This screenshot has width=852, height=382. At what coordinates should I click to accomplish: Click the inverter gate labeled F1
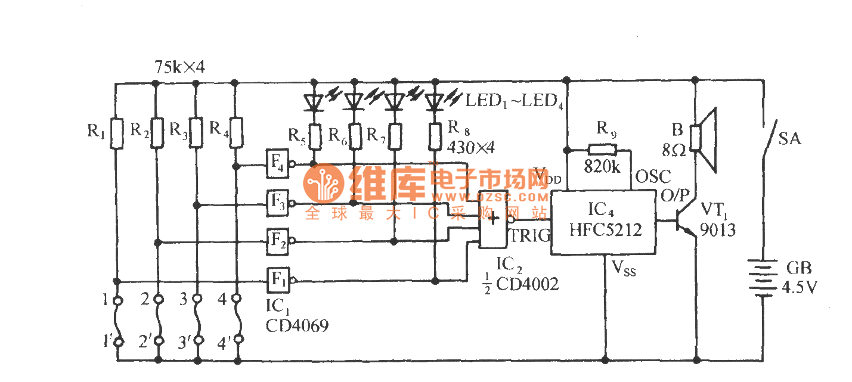pos(277,278)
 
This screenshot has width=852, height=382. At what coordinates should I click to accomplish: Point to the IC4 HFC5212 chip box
pos(603,223)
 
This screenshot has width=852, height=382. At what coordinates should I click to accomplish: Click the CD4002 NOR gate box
pos(493,219)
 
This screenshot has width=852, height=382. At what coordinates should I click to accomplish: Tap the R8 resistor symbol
pos(435,135)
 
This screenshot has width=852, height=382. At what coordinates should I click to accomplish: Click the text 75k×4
pos(179,67)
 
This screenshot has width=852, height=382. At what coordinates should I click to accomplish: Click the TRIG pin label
pos(529,236)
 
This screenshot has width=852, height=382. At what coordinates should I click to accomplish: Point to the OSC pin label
pos(653,176)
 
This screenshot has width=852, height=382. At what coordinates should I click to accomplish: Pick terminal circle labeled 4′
pos(238,340)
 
